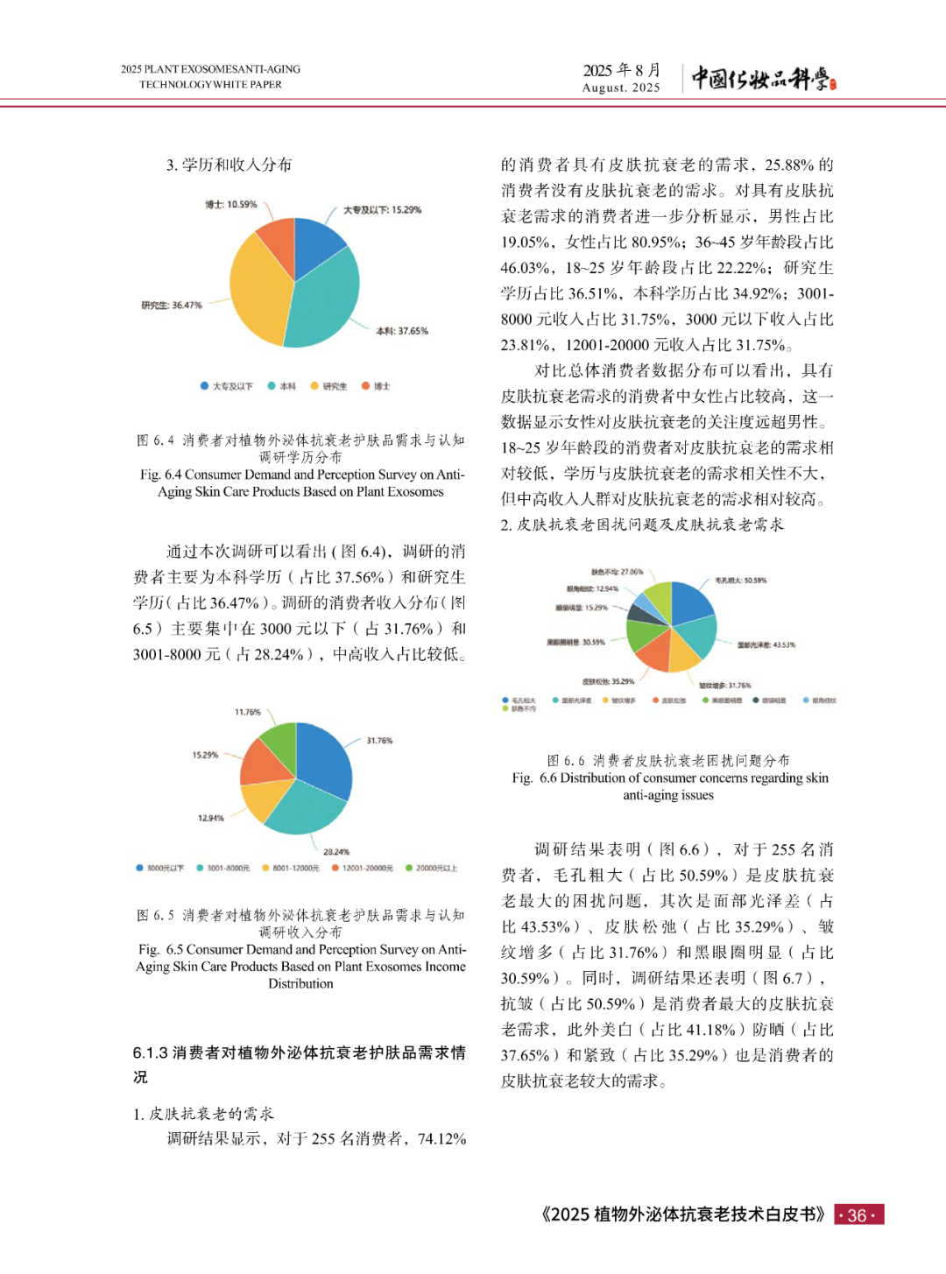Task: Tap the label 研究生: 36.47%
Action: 172,306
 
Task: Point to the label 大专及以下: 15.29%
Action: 382,210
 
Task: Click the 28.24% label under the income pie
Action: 336,851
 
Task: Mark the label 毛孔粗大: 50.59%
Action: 740,581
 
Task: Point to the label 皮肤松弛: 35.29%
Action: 608,681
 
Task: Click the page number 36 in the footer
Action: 858,1215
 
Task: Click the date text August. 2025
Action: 621,88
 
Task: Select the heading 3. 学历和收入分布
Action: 229,165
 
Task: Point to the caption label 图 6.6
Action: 567,760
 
